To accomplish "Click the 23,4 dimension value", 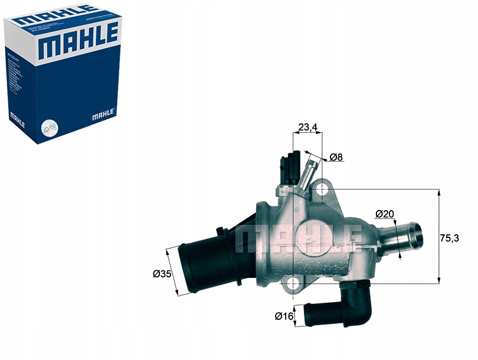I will click(x=307, y=127).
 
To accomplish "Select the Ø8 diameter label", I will click(x=336, y=157).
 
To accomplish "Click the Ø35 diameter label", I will click(x=161, y=274).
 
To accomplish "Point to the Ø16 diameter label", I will click(x=284, y=316).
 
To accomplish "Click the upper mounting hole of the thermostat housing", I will click(x=322, y=189).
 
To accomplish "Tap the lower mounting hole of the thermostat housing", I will click(x=293, y=284).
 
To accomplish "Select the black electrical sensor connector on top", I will click(x=289, y=167).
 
